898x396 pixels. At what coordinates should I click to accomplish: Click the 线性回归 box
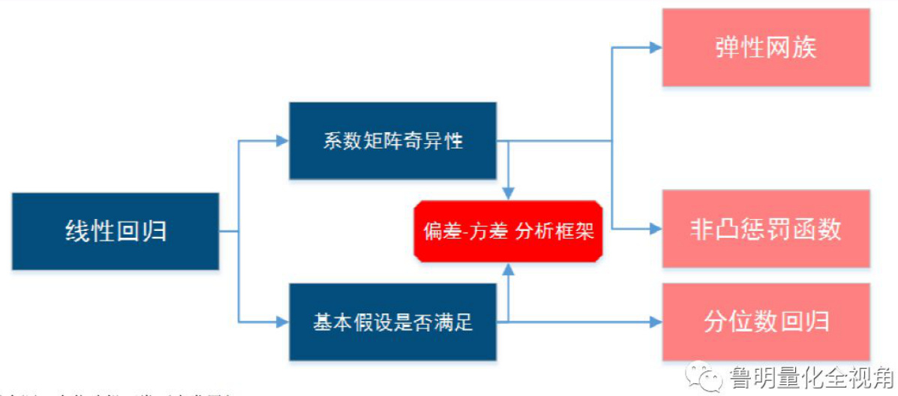click(x=116, y=231)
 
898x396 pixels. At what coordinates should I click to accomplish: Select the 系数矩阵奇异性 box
click(x=392, y=141)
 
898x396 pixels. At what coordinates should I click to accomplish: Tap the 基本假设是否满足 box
click(x=392, y=322)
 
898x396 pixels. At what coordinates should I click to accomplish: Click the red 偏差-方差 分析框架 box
click(x=509, y=231)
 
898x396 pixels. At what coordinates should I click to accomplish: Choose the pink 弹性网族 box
click(x=765, y=48)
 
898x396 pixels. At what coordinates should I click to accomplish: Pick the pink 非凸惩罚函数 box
click(x=765, y=229)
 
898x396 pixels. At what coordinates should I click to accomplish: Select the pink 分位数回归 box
click(x=765, y=322)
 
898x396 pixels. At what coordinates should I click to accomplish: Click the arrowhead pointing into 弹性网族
click(x=655, y=48)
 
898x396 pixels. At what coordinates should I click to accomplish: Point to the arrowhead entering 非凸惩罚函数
click(x=655, y=229)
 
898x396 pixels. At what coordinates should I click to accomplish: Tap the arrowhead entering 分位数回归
click(x=655, y=322)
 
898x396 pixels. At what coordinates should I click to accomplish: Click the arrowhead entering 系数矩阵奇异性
click(x=283, y=141)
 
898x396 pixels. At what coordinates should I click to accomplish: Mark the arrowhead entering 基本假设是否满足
click(x=283, y=322)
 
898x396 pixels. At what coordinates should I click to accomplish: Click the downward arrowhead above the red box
click(x=509, y=193)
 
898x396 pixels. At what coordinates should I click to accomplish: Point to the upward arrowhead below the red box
click(x=509, y=268)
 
